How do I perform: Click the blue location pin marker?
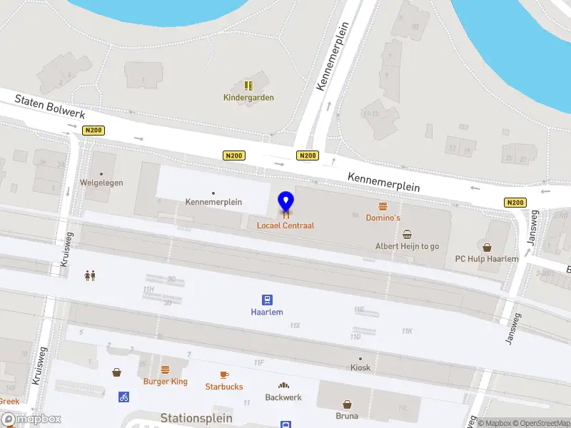tap(285, 203)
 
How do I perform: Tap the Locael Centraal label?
tap(285, 225)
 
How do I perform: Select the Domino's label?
tap(383, 218)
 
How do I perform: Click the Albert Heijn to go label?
tap(408, 246)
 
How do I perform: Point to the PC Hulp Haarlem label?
tap(487, 259)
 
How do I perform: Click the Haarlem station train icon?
tap(267, 300)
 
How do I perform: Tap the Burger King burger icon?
tap(165, 370)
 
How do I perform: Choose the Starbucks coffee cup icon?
tap(224, 374)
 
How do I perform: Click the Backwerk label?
tap(283, 397)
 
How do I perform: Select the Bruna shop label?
tap(347, 416)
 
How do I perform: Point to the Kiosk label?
tap(360, 368)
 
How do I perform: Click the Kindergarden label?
tap(248, 98)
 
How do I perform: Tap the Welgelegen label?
tap(101, 183)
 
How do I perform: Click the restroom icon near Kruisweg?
tap(91, 275)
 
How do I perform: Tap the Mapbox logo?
tap(31, 419)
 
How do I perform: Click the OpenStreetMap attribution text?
tap(540, 423)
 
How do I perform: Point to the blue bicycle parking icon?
tap(124, 397)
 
